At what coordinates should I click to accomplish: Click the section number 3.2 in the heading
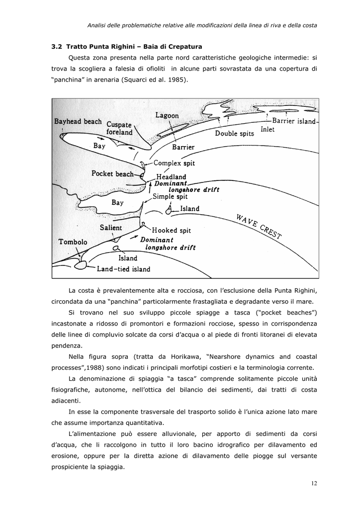click(57, 47)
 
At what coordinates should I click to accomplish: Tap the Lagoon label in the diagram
click(167, 115)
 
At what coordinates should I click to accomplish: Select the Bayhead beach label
click(78, 121)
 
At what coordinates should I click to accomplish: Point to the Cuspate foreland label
click(119, 128)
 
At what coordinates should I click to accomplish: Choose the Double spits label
click(234, 133)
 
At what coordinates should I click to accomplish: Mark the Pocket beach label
click(113, 173)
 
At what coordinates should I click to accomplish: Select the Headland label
click(171, 176)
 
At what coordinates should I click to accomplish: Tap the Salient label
click(110, 228)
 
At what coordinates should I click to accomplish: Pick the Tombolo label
click(73, 242)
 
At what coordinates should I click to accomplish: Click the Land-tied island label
click(123, 269)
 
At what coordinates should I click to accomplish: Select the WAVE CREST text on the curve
click(259, 226)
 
